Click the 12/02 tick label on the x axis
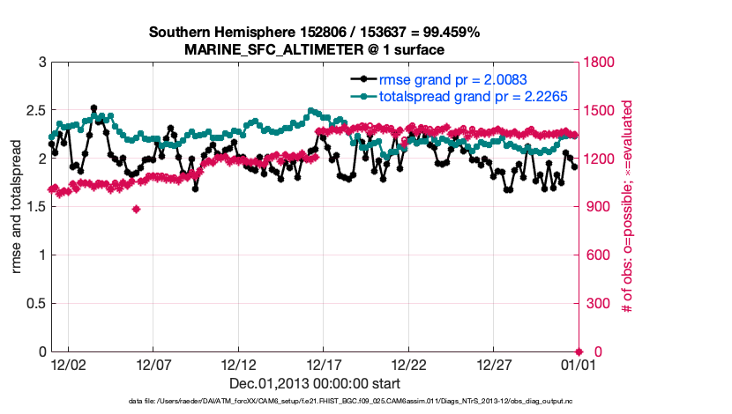68,363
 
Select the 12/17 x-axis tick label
324,363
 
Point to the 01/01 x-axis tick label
579,363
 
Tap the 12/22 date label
409,363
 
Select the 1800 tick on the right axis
601,63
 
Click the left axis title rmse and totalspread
16,207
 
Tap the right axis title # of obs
626,207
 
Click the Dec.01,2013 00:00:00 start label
315,383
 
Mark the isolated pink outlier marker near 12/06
136,209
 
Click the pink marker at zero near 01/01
579,351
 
